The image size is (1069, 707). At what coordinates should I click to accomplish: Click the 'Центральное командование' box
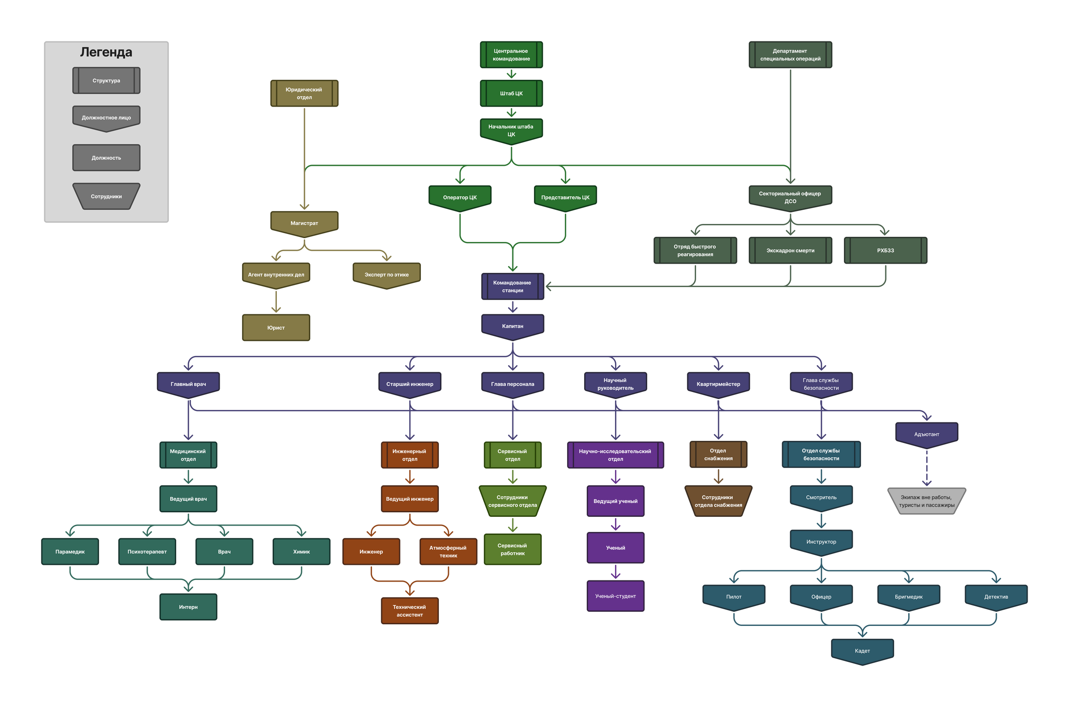pos(511,55)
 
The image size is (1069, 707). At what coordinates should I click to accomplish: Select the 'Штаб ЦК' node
pos(511,93)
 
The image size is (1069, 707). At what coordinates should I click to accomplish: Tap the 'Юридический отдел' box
pos(304,93)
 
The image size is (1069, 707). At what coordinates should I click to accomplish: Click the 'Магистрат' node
pos(304,223)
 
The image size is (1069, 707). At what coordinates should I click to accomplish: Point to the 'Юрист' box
pos(276,328)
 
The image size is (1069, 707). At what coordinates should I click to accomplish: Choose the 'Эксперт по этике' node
pos(387,274)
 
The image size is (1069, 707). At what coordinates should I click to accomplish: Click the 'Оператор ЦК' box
pos(459,197)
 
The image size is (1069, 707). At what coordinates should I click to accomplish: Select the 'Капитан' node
pos(513,326)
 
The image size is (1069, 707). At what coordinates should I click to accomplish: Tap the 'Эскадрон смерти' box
pos(790,250)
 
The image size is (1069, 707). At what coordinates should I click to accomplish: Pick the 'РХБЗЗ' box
pos(885,250)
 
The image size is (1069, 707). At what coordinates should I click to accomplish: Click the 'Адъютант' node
pos(927,434)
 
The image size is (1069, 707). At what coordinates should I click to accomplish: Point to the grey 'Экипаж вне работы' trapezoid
pos(927,501)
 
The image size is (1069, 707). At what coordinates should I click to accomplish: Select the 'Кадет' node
pos(862,651)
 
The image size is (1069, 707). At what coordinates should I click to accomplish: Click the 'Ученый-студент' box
pos(616,596)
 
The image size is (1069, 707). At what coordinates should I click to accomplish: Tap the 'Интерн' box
pos(188,607)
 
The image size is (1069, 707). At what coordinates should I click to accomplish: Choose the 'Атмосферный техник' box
pos(448,552)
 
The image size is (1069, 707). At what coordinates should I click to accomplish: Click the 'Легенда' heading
pos(106,52)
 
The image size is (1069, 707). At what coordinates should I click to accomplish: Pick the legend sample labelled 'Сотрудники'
pos(106,196)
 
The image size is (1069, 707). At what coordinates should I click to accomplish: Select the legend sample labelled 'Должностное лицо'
pos(106,117)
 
